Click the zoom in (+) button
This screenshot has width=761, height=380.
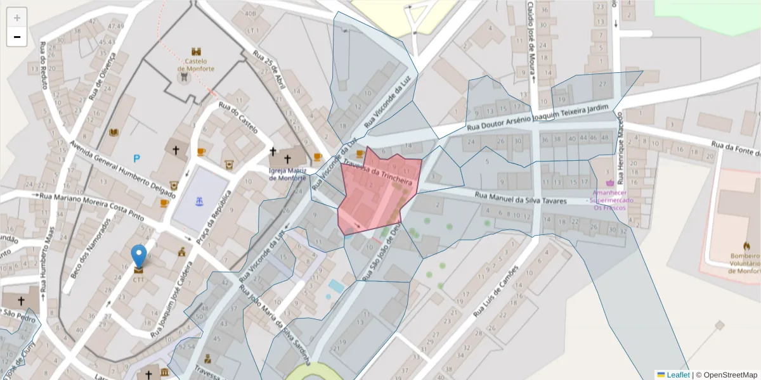tap(16, 18)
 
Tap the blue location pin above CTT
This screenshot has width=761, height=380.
tap(138, 256)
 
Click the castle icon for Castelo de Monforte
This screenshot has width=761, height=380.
tap(196, 51)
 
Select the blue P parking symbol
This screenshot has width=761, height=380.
tap(136, 158)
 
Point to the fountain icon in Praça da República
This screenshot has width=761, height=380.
tap(200, 201)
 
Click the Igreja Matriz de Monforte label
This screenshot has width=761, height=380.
tap(287, 174)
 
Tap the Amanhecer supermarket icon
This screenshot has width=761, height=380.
tap(610, 183)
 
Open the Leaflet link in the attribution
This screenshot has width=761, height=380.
tap(678, 374)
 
